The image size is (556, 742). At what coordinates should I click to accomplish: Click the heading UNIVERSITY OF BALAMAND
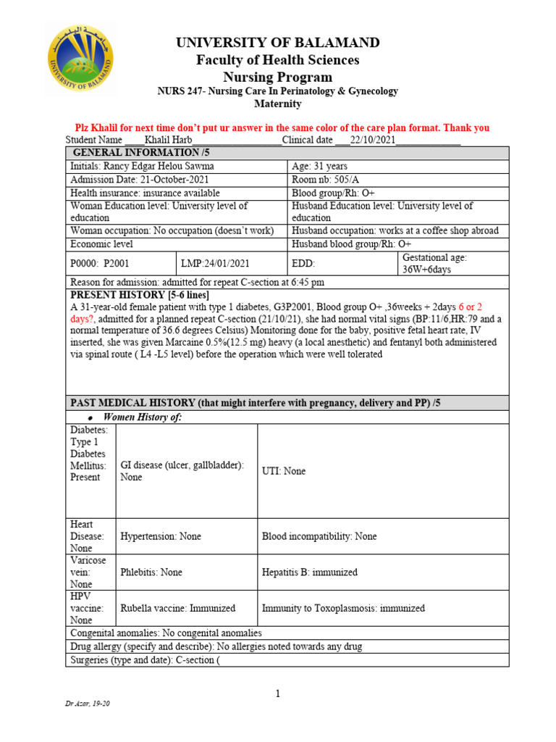click(x=278, y=43)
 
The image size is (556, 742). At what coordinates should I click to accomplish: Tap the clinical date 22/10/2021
click(x=373, y=140)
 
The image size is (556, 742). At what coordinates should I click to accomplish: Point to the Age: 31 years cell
click(x=319, y=167)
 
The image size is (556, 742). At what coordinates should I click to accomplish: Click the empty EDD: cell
click(x=342, y=263)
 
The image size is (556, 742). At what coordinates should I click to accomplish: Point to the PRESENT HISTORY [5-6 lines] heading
click(x=140, y=295)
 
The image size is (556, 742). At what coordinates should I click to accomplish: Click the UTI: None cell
click(x=284, y=471)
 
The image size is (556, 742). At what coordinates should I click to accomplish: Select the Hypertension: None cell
click(x=161, y=536)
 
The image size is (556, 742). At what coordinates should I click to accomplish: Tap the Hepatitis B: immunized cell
click(x=309, y=572)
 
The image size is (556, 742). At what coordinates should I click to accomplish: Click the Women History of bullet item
click(x=143, y=417)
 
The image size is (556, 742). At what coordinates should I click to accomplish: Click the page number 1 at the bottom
click(x=277, y=694)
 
